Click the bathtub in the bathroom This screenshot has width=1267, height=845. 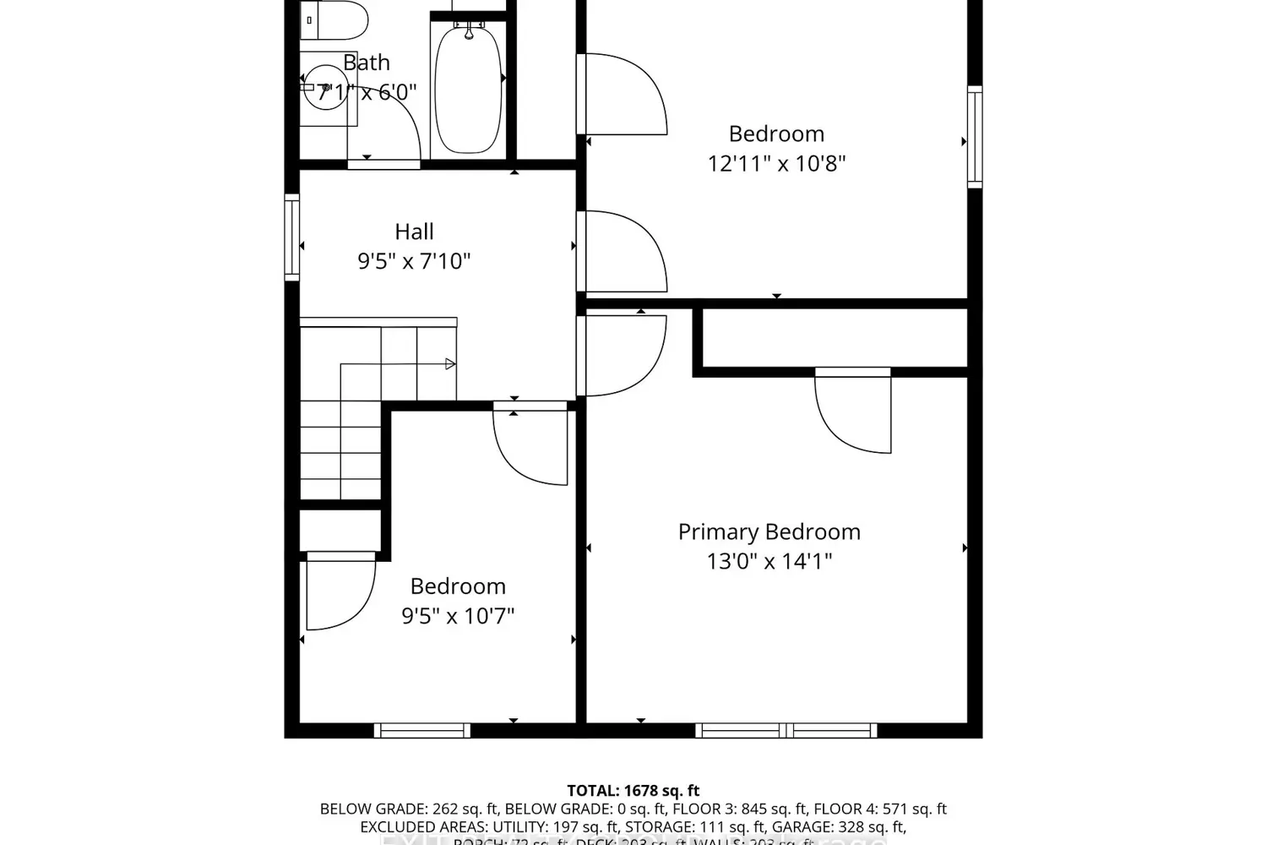(x=468, y=89)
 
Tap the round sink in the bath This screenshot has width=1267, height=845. (x=325, y=88)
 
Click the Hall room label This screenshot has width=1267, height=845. (x=414, y=232)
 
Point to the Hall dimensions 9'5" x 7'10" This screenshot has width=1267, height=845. (x=414, y=261)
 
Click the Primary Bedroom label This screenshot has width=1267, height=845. (x=769, y=532)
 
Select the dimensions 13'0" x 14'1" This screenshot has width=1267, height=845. (x=769, y=561)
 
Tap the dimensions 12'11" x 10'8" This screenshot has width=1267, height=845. (x=776, y=163)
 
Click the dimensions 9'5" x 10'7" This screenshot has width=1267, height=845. (x=458, y=616)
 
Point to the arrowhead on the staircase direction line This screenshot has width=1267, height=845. (x=450, y=364)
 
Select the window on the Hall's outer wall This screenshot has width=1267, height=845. (x=292, y=237)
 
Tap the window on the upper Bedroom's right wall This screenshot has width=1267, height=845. (x=975, y=136)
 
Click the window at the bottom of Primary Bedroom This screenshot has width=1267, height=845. (x=786, y=730)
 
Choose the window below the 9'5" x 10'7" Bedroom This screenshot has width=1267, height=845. (x=422, y=730)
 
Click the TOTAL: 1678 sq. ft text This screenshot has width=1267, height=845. (x=633, y=791)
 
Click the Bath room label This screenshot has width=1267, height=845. (x=367, y=63)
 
